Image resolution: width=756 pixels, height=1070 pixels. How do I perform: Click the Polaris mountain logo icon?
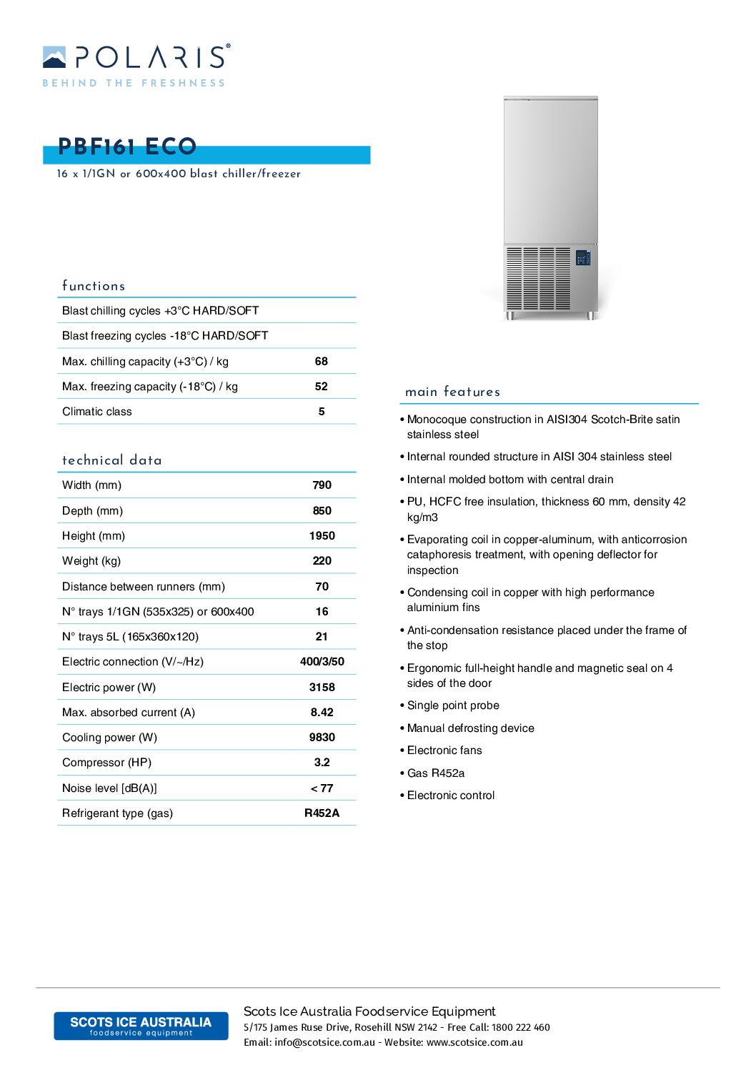(54, 57)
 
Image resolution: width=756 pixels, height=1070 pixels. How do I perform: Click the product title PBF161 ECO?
(127, 147)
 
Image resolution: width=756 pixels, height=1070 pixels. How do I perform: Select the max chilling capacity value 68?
(322, 362)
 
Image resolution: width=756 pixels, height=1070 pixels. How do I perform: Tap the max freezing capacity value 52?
(322, 387)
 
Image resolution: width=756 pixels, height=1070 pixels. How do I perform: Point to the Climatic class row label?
(97, 412)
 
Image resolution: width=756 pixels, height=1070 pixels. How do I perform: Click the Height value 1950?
(322, 536)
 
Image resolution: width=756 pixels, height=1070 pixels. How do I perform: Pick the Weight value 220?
(322, 561)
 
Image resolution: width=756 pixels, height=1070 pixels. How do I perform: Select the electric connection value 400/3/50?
(322, 662)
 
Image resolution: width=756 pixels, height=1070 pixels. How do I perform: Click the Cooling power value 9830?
(322, 738)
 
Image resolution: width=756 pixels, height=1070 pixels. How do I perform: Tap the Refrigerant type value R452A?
(322, 813)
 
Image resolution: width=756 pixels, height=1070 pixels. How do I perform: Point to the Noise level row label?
(109, 788)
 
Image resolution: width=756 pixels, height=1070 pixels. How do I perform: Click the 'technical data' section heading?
(112, 460)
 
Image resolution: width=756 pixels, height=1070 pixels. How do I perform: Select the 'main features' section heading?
(452, 392)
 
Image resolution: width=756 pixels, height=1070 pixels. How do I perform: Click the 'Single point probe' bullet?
(453, 705)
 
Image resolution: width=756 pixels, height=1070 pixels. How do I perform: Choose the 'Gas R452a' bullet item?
(436, 773)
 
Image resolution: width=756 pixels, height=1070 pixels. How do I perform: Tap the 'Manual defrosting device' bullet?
(470, 728)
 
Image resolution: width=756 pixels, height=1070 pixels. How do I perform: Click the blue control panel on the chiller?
(583, 257)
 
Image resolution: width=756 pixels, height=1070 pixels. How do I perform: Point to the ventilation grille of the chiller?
(538, 279)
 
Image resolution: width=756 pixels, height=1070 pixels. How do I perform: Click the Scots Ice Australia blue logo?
(141, 1026)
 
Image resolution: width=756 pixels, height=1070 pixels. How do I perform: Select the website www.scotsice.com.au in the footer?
(474, 1043)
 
